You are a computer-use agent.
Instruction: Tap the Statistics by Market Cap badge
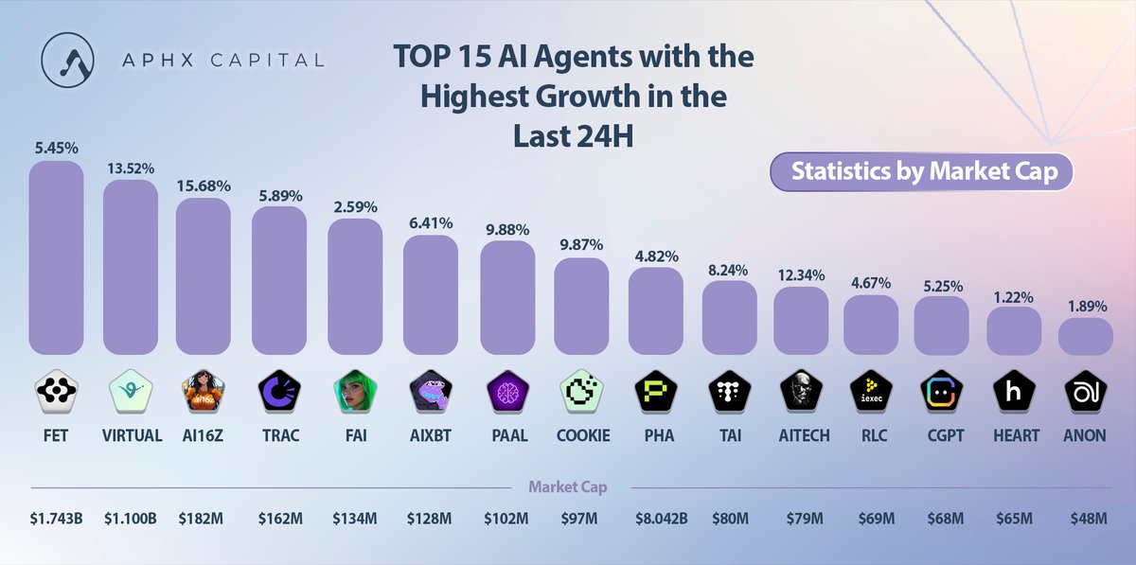click(923, 171)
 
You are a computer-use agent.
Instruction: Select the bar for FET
click(56, 256)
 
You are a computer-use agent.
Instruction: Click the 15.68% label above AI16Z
click(203, 185)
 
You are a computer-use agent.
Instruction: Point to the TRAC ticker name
click(280, 436)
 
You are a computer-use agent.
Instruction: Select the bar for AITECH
click(801, 320)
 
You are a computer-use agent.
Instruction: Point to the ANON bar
click(1085, 336)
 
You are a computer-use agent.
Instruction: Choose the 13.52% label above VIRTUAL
click(130, 167)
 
